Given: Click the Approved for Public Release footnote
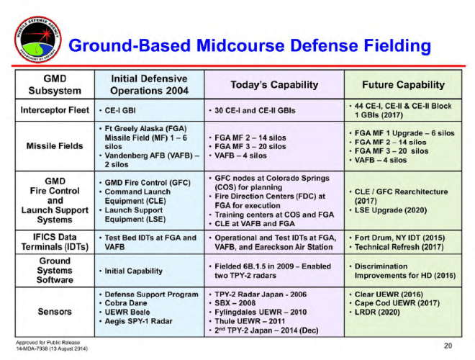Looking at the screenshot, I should [46, 341].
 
